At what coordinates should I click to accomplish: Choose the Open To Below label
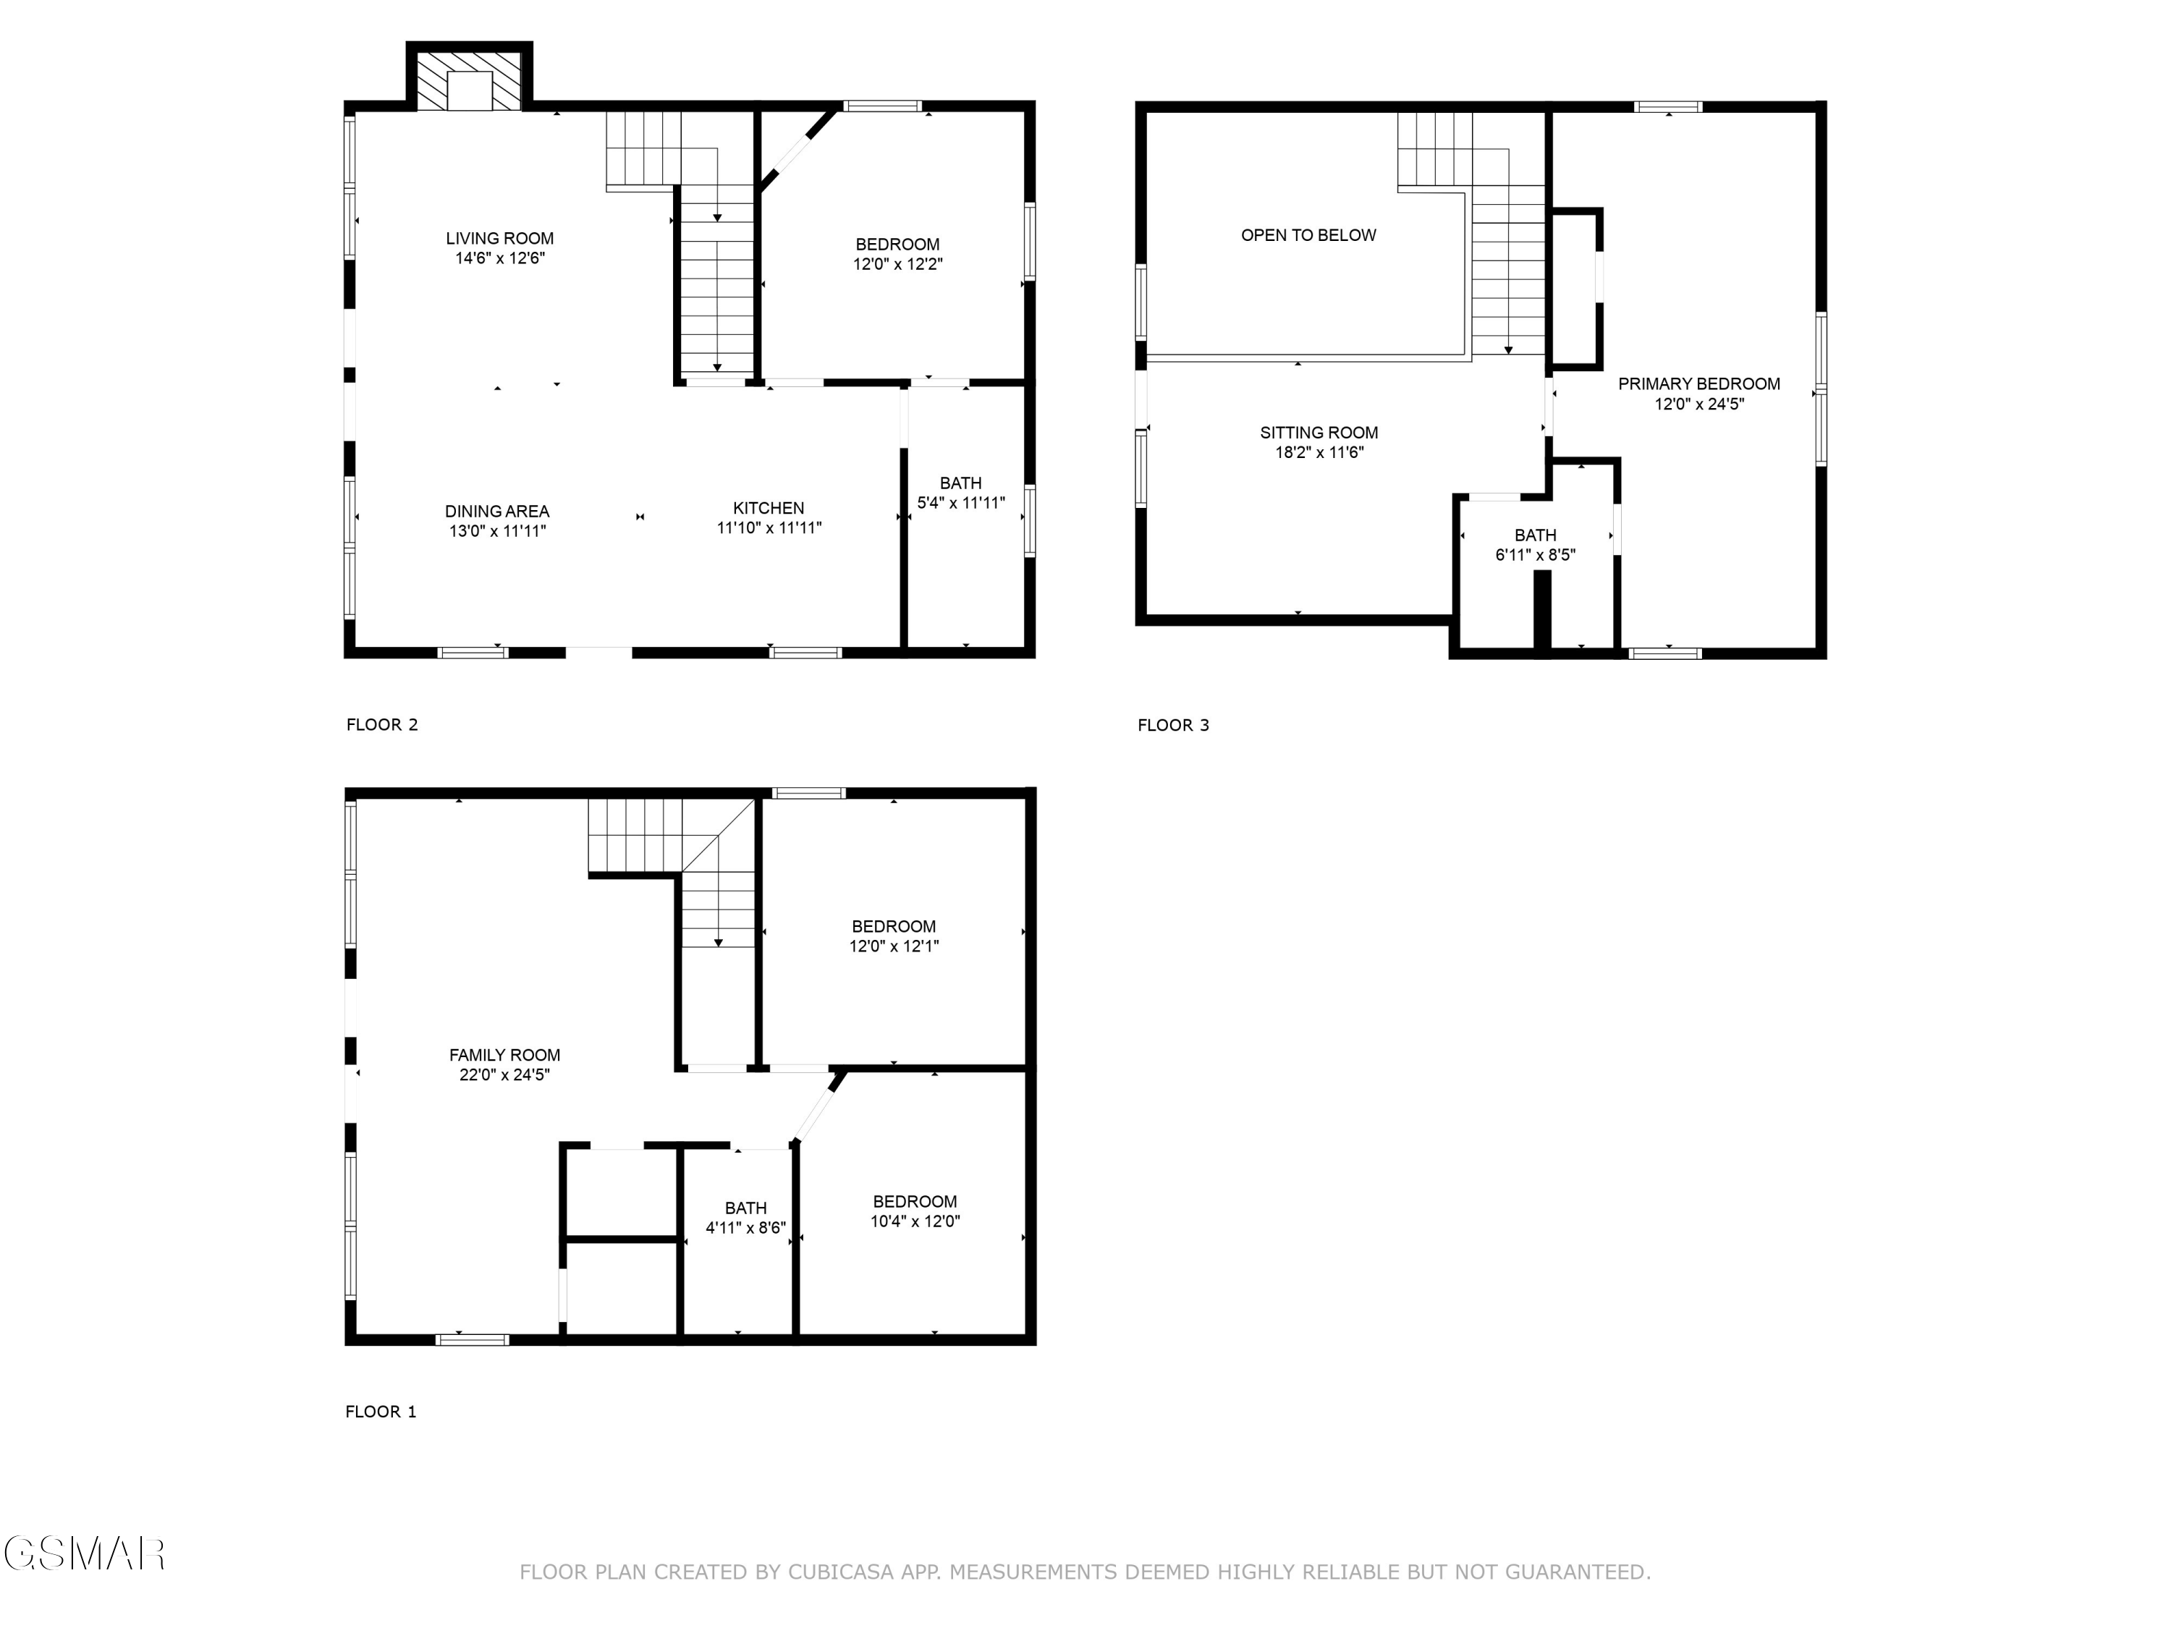1308,235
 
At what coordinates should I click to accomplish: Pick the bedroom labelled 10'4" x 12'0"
915,1211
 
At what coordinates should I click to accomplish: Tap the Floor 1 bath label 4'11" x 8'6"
746,1218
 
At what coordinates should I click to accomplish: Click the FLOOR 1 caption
381,1411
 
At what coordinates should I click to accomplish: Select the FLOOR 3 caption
1173,725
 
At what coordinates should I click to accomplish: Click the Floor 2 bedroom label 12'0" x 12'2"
897,254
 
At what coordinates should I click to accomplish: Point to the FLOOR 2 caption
382,725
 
